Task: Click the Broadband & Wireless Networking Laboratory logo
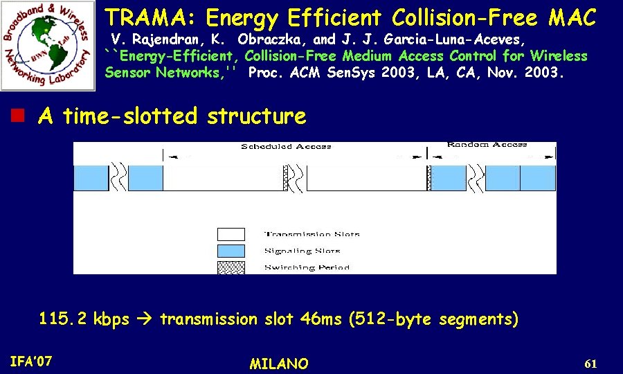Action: [x=48, y=46]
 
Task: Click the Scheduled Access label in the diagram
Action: [x=286, y=146]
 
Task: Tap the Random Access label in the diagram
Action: [x=487, y=144]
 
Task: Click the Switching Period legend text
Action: [x=307, y=267]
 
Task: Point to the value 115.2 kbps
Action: [x=84, y=319]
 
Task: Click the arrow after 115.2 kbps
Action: [x=144, y=319]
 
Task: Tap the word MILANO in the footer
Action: [x=279, y=364]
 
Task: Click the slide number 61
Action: [x=590, y=364]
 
